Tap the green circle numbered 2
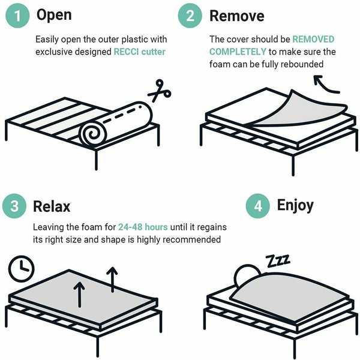click(190, 17)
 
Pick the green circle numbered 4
click(258, 206)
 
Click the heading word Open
click(54, 15)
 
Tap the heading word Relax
click(52, 206)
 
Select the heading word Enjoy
click(295, 205)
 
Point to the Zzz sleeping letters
click(278, 260)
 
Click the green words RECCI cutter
click(139, 52)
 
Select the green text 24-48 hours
click(143, 227)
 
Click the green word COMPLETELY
click(238, 52)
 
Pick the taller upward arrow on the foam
click(112, 279)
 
